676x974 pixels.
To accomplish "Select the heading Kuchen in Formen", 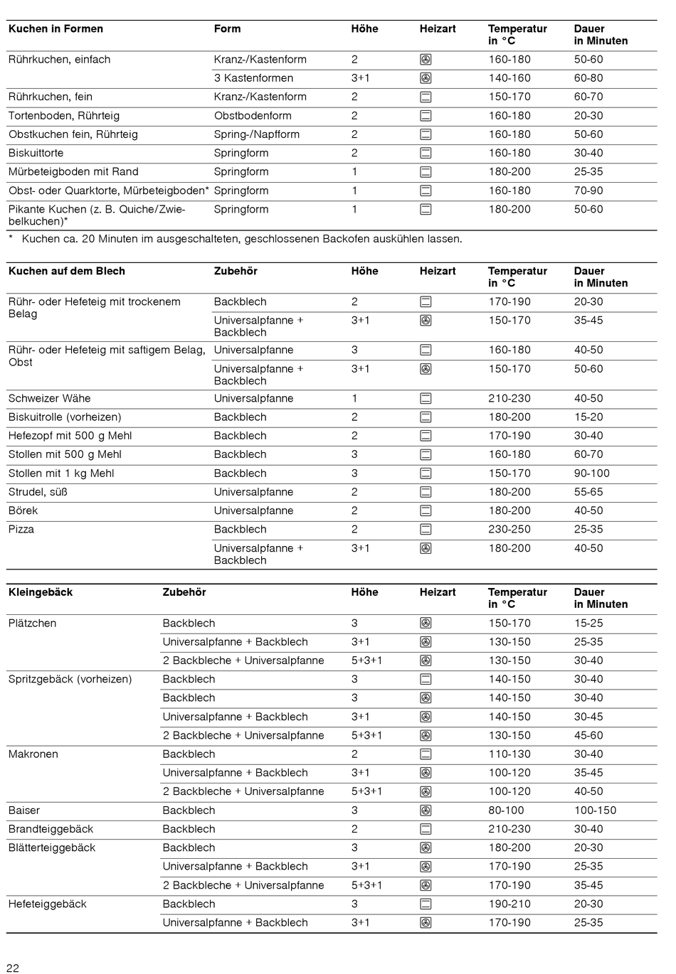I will [x=56, y=29].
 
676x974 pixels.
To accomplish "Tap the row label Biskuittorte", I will [x=36, y=153].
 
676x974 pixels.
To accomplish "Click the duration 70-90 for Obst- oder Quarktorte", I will [x=588, y=191].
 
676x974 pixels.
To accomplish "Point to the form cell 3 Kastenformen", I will [x=253, y=78].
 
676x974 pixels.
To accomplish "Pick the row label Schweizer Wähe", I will [x=50, y=399].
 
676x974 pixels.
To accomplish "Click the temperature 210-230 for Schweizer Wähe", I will [x=509, y=399].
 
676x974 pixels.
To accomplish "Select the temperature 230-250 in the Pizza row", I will [x=509, y=530].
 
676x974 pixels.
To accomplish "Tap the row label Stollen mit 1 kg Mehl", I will [x=61, y=473].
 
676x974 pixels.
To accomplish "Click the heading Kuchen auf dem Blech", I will [x=67, y=272].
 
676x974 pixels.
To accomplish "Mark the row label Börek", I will [x=23, y=510].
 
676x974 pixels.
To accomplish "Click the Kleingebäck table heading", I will [x=41, y=592].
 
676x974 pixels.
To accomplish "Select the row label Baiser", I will [x=24, y=810].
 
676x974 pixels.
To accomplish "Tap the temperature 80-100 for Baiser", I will [x=507, y=810].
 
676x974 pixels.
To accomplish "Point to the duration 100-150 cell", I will [x=596, y=810].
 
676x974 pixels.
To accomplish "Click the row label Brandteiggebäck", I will [x=51, y=829].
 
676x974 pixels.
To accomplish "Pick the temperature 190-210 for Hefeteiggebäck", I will [x=509, y=904].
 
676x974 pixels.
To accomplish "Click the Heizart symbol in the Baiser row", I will [x=426, y=810].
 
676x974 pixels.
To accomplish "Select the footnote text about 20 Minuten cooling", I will [x=242, y=239].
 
